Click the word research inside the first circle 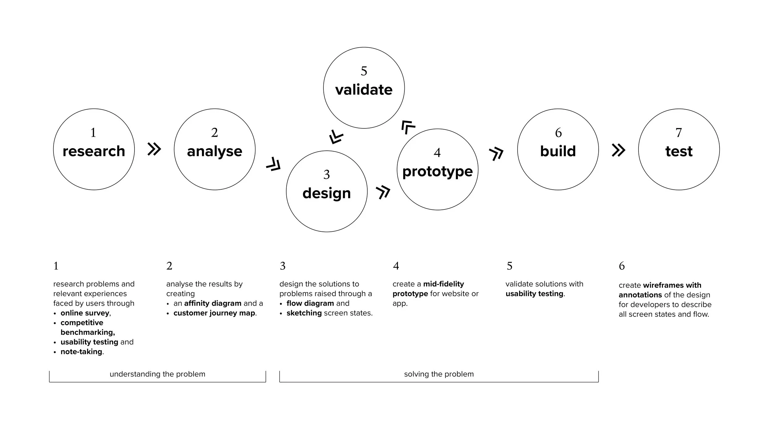tap(94, 151)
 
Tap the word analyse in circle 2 tap(215, 151)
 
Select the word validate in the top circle tap(364, 90)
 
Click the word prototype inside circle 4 tap(437, 171)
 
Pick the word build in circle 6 tap(558, 151)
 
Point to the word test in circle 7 tap(679, 151)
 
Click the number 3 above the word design tap(327, 175)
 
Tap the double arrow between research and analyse tap(154, 149)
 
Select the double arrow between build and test tap(618, 150)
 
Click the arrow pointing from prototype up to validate tap(408, 127)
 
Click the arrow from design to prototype tap(383, 192)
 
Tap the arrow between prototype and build tap(496, 154)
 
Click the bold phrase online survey tap(85, 313)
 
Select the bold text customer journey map tap(214, 313)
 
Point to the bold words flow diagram tap(310, 303)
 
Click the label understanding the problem tap(157, 374)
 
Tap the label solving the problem tap(439, 374)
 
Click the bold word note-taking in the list tap(81, 351)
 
